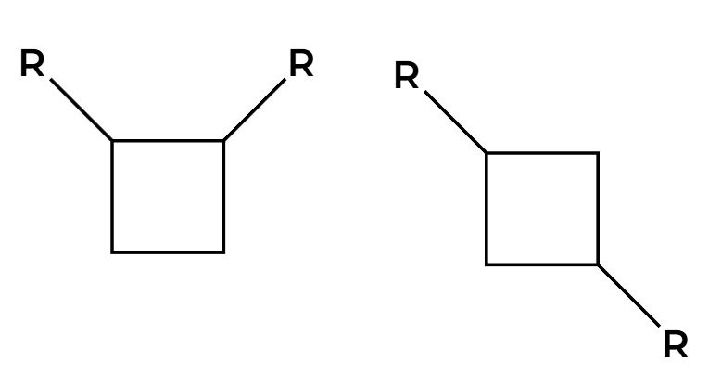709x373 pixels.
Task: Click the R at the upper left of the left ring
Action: coord(32,65)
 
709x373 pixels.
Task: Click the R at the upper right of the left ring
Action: coord(301,65)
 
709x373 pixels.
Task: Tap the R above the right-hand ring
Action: coord(406,76)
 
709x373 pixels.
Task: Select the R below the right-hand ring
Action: coord(676,345)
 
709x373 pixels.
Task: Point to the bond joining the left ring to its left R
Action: coord(81,110)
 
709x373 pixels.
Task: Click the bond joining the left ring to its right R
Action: coord(254,110)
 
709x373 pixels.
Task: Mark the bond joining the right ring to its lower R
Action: coord(628,296)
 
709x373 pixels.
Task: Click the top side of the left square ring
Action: coord(168,141)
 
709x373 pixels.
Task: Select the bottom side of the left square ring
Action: coord(168,251)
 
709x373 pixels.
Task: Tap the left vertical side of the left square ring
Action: coord(112,196)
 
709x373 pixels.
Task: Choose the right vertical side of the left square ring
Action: coord(223,196)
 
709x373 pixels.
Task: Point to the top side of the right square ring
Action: coord(542,153)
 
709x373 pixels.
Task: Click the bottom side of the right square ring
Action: coord(542,264)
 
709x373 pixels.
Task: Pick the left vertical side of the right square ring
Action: coord(487,209)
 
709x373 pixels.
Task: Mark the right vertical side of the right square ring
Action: coord(598,209)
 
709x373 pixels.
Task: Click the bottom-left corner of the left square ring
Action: coord(112,251)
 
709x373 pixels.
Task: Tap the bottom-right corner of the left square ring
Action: coord(223,251)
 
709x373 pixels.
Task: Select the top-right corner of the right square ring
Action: coord(598,153)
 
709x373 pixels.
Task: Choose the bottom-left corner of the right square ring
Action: coord(487,264)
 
